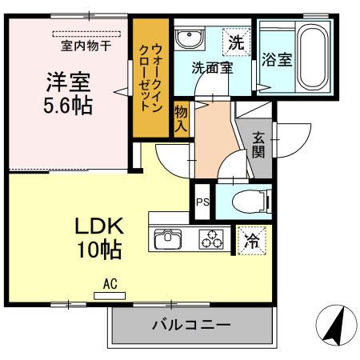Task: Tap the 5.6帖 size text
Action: [68, 104]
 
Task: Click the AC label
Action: [110, 282]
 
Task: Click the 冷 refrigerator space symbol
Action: [251, 238]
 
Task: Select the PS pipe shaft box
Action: [202, 202]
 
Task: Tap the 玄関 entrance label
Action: [258, 144]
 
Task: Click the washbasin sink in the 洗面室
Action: [190, 39]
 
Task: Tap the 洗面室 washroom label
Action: [212, 68]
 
